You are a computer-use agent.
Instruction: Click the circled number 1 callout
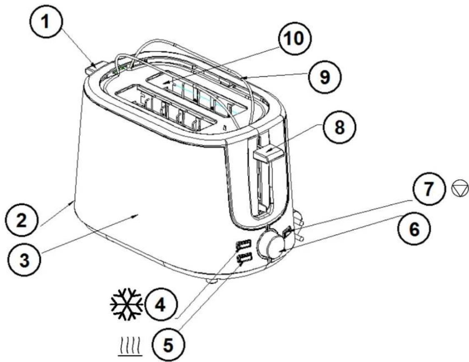point(46,22)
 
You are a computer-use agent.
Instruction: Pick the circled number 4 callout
point(161,305)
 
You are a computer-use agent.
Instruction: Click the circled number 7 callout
point(429,188)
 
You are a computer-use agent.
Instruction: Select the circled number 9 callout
point(325,77)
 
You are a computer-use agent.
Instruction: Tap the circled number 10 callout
point(294,38)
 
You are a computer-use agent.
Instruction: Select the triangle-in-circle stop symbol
point(459,189)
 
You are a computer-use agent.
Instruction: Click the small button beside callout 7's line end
point(288,232)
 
